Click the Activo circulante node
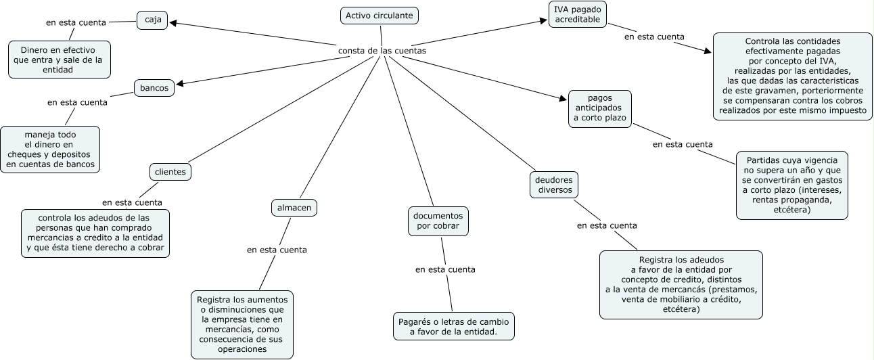point(379,16)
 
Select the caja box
point(152,20)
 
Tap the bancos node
point(154,88)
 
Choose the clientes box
point(170,172)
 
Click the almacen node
point(294,208)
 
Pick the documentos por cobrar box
point(438,221)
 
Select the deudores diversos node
point(554,184)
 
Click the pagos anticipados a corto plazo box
point(600,108)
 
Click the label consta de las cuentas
point(382,51)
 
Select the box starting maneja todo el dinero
point(50,149)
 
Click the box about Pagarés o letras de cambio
point(454,326)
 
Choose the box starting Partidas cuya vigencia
point(791,185)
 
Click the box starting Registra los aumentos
point(242,325)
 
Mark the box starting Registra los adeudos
point(681,284)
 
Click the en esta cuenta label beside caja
point(76,22)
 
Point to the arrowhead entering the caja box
point(173,23)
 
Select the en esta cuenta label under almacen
point(277,250)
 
